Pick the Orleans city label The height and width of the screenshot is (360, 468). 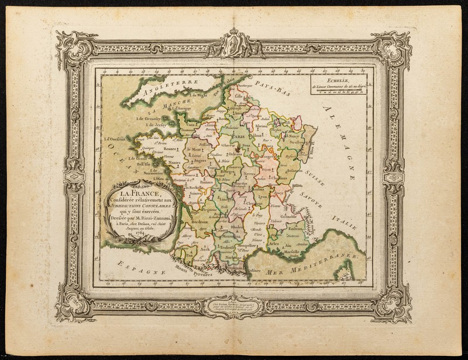[x=235, y=155]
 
